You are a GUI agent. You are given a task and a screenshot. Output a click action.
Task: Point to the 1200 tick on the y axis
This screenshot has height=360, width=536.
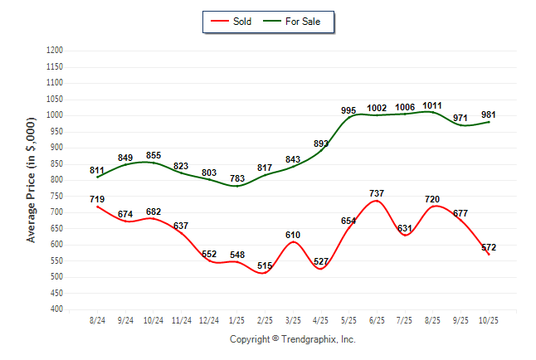click(x=56, y=51)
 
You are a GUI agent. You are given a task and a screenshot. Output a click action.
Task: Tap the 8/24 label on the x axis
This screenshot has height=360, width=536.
click(x=97, y=320)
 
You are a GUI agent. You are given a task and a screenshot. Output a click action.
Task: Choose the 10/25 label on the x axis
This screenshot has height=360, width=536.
click(x=490, y=320)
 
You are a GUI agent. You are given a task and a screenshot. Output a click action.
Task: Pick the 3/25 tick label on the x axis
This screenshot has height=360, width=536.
click(x=294, y=320)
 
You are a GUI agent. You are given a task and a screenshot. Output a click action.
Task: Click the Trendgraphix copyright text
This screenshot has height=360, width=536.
click(x=292, y=339)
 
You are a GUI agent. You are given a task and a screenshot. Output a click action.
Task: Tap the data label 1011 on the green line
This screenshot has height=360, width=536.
click(x=432, y=105)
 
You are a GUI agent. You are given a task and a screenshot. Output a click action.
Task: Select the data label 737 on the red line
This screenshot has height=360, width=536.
click(x=377, y=193)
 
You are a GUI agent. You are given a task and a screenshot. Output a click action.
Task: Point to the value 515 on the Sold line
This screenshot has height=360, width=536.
click(x=265, y=265)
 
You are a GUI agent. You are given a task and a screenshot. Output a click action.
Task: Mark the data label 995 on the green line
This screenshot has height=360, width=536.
click(x=348, y=110)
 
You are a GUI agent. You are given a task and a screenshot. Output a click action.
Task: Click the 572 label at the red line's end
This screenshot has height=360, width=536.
click(x=489, y=248)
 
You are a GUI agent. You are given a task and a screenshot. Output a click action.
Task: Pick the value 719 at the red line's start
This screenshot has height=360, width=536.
click(x=97, y=199)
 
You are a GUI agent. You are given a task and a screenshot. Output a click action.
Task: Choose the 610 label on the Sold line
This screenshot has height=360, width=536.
click(x=293, y=235)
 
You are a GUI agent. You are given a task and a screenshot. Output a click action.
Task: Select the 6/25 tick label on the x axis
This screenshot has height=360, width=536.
click(x=378, y=320)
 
